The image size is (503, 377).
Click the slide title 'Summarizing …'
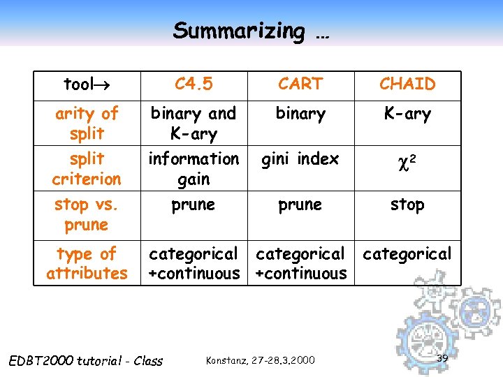[x=251, y=31]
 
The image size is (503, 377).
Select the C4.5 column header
[x=194, y=84]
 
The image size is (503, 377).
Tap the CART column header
[x=300, y=84]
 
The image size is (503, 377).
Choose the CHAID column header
[x=407, y=84]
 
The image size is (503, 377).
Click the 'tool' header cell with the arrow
[x=87, y=85]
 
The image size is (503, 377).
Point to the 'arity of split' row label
[x=87, y=123]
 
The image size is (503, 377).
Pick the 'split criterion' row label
[x=87, y=168]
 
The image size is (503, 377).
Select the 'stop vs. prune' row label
[x=87, y=214]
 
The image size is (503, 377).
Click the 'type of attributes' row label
[x=87, y=263]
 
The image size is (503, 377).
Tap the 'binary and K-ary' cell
[x=194, y=123]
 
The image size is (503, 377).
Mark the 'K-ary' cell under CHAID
[x=407, y=113]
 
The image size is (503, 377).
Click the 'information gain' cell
[x=194, y=169]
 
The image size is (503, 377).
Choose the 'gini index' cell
[x=300, y=159]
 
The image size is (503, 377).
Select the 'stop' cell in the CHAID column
[x=407, y=205]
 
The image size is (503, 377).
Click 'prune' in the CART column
[x=300, y=205]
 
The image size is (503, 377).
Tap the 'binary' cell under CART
[x=300, y=113]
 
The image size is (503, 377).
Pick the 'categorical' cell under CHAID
[x=407, y=253]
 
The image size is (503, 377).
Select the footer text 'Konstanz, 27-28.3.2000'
[x=261, y=360]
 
